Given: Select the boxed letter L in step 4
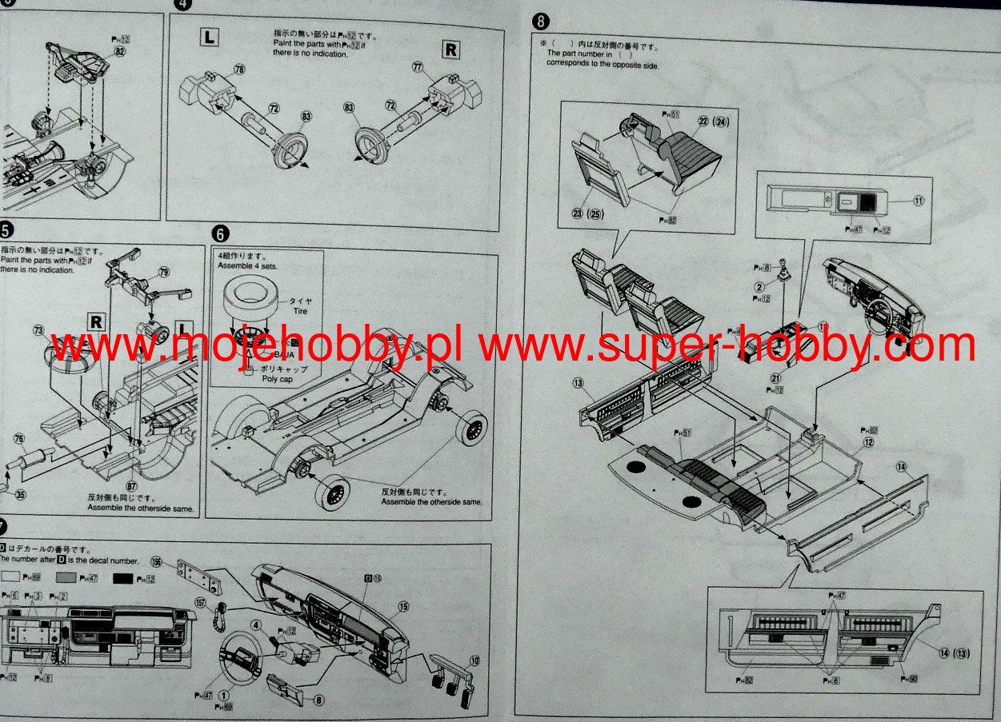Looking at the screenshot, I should click(209, 36).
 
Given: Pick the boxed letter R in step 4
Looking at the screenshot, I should click(451, 50).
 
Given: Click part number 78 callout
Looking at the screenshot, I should click(238, 70).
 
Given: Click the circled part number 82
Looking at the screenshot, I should click(120, 50).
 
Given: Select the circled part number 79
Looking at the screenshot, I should click(164, 273).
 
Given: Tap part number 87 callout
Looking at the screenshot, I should click(131, 485).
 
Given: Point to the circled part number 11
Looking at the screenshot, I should click(919, 201).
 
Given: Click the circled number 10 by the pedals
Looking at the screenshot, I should click(474, 660).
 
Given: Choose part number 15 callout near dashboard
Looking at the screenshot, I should click(403, 607).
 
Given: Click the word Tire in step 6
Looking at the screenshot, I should click(300, 311).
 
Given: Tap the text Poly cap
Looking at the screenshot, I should click(278, 379).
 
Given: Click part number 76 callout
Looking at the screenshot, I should click(19, 437).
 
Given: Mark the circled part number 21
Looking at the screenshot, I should click(775, 378).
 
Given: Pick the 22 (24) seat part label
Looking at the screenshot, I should click(714, 122).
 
